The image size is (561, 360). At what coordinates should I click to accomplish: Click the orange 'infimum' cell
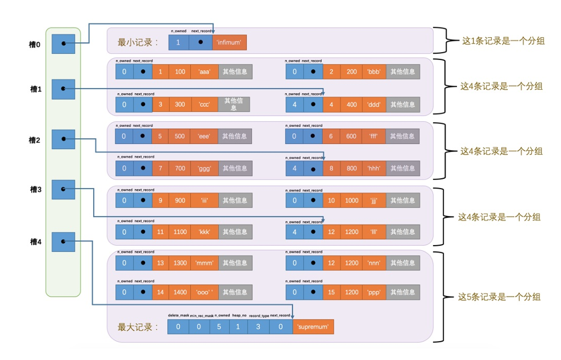229,42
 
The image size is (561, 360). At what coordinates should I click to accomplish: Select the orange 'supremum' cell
312,326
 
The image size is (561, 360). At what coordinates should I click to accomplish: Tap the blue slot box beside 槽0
63,43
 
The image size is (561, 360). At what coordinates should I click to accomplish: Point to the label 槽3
35,189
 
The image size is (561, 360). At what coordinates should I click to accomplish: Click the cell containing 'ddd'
375,105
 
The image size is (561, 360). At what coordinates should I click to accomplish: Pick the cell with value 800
351,168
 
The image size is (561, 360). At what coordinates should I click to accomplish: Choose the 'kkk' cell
205,232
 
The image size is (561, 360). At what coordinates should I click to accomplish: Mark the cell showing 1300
180,263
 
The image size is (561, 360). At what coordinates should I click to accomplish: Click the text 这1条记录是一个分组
503,41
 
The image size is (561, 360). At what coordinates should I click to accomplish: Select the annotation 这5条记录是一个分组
499,297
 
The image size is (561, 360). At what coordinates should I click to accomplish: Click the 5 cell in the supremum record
219,326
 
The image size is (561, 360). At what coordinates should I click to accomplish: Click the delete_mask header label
178,315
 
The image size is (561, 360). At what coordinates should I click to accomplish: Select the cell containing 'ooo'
205,292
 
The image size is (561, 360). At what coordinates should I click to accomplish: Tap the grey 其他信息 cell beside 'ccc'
234,104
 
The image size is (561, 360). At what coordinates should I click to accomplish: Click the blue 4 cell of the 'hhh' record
294,168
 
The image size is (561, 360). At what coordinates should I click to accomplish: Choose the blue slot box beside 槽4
63,242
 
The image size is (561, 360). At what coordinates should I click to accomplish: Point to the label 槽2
35,139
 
